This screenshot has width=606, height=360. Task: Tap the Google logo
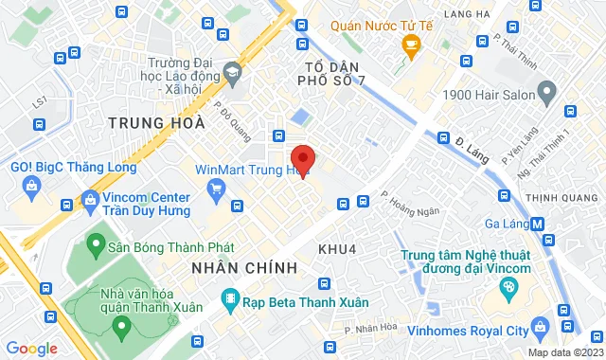pos(30,349)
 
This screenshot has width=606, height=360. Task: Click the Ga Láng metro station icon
pos(538,225)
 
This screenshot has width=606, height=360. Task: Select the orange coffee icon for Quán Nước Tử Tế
pos(411,44)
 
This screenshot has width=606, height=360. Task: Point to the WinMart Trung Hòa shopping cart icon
pos(217,189)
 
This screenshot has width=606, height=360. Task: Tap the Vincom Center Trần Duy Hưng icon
pos(91,201)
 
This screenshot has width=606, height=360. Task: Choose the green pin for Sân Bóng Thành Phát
pos(95,245)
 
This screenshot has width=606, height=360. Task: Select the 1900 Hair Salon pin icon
pos(547,92)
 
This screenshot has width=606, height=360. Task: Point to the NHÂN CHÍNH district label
pos(244,269)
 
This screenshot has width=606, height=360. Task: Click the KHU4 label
pos(337,248)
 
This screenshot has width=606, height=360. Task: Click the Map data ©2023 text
pos(564,352)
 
